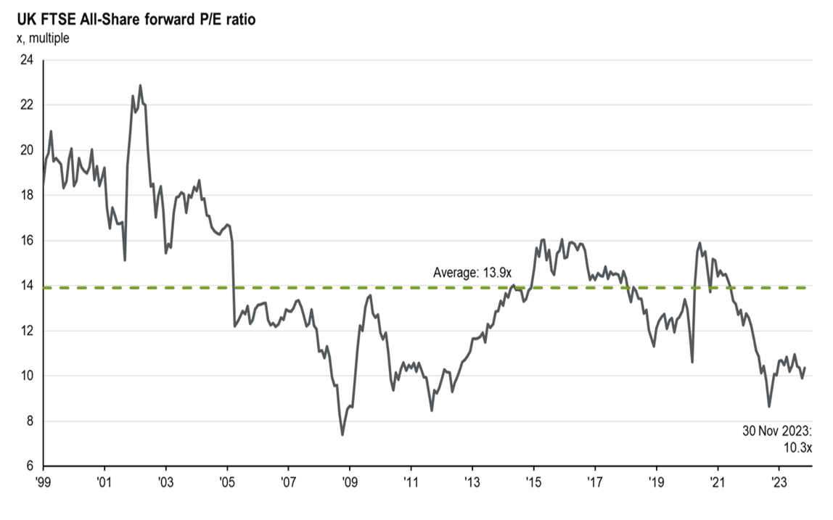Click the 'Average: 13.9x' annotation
472,273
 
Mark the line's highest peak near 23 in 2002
140,85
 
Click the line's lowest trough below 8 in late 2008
342,434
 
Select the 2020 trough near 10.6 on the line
692,362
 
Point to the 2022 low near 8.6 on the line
769,407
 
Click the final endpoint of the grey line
805,368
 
